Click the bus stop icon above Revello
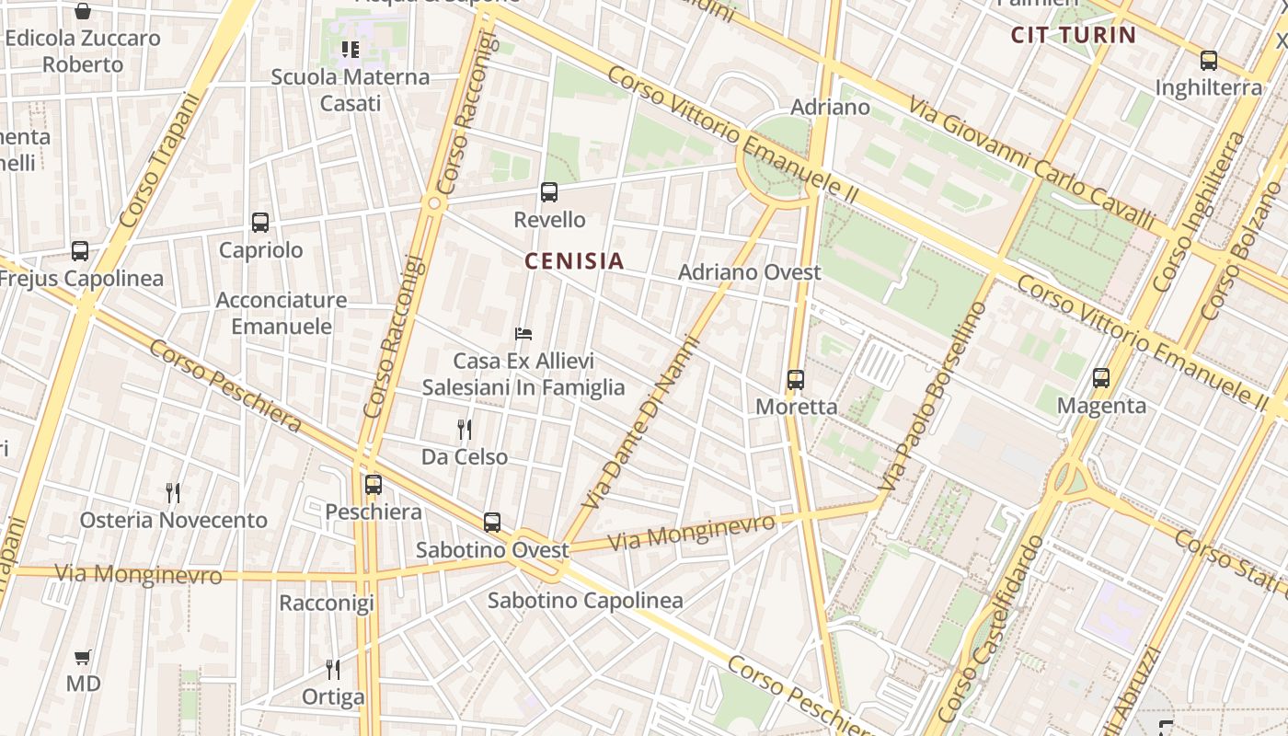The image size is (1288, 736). coord(549,191)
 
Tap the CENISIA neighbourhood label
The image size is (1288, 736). coord(574,261)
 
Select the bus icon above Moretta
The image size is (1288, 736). coord(796,379)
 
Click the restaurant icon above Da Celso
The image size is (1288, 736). coord(465,429)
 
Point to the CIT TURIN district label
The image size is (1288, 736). coord(1074,36)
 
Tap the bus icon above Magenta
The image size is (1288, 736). coord(1101,377)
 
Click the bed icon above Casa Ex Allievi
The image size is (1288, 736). coord(523,333)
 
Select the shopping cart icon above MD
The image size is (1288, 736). coord(83,657)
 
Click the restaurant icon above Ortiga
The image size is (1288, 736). coord(333,669)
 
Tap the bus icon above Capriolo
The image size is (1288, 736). coord(260,222)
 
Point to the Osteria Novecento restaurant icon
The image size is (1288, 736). coord(172,492)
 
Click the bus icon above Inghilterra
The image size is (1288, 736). coord(1209,61)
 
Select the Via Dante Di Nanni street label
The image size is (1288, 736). coord(643,422)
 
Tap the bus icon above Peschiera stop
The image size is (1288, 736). coord(373,484)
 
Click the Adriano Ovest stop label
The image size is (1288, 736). coord(749,272)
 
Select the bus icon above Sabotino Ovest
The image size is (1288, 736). coord(492,523)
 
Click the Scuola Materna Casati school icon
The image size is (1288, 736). coord(350,49)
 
